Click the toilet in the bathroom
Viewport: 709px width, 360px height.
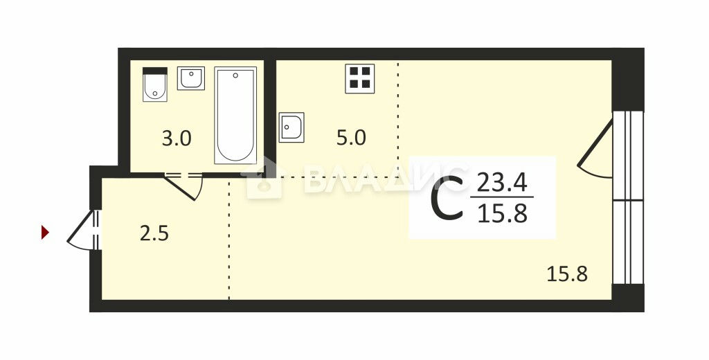(155, 84)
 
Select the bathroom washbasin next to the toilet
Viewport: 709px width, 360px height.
(191, 78)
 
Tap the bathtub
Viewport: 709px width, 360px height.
(235, 116)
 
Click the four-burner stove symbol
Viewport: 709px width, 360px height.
(360, 79)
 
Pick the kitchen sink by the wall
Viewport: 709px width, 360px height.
(291, 127)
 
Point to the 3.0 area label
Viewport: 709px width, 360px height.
(177, 138)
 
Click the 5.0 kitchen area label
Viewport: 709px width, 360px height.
(351, 138)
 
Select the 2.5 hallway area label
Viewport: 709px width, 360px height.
(154, 234)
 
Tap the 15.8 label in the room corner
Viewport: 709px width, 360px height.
(568, 274)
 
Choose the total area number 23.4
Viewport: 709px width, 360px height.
(503, 183)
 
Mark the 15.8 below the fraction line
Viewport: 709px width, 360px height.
(503, 213)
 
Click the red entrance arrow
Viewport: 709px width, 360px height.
(45, 232)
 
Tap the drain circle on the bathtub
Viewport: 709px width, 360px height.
(235, 75)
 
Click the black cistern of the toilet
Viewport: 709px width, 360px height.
(155, 71)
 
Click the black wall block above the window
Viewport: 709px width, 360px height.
(627, 80)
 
